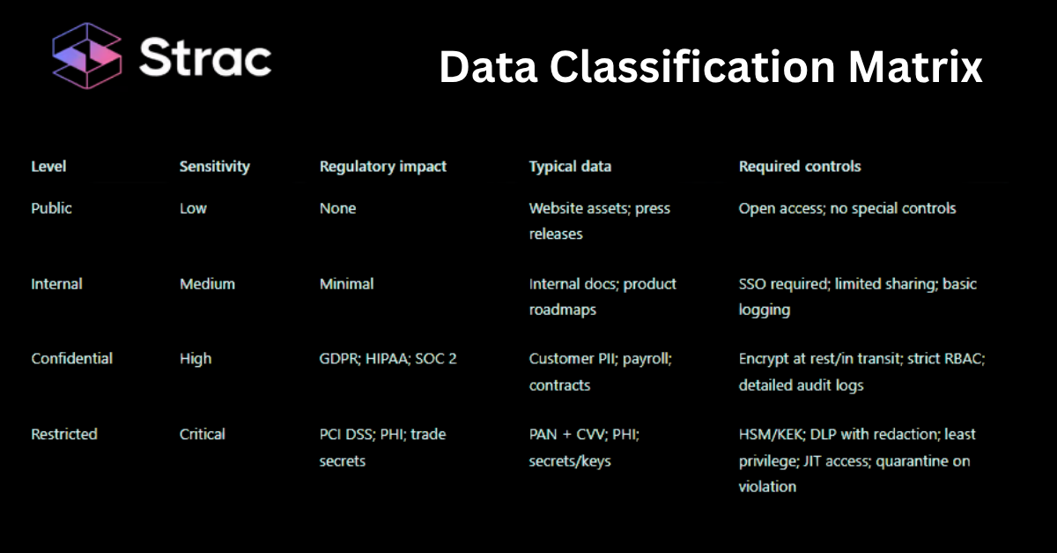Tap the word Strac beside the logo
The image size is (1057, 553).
205,58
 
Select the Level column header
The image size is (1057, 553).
48,166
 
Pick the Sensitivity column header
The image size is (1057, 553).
214,166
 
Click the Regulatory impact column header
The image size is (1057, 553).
382,166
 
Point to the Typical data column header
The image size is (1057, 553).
570,166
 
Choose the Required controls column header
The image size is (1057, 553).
800,166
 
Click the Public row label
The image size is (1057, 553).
51,208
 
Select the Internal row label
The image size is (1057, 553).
56,284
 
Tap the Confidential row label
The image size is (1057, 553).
71,359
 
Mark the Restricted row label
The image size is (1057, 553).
63,434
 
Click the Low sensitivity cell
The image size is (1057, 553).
193,208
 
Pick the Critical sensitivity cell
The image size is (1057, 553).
203,434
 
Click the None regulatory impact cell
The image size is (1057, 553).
337,208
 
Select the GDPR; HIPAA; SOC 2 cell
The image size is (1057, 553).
388,359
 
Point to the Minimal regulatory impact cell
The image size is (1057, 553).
346,284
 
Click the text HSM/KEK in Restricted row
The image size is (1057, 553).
769,434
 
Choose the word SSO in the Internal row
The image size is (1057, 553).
753,284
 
